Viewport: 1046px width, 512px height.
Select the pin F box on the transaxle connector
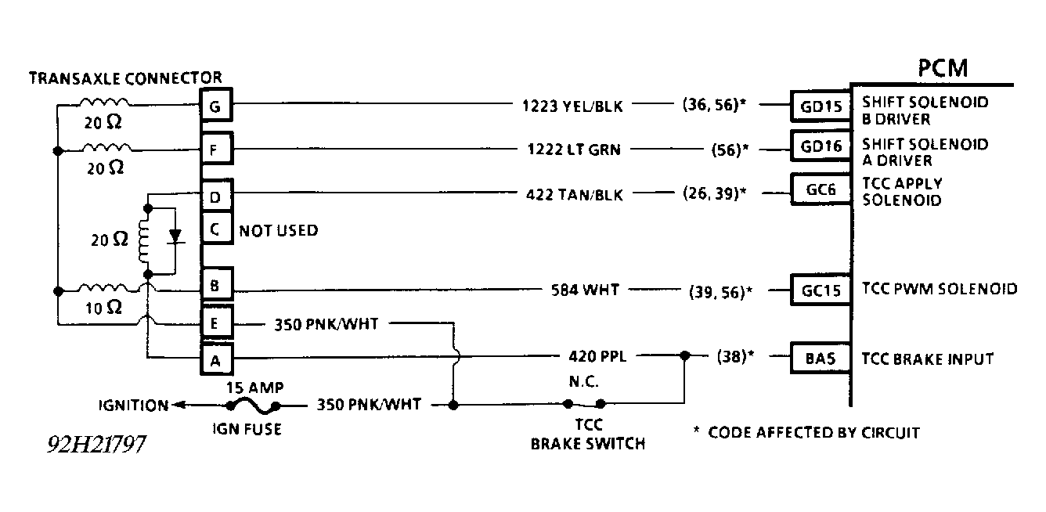click(x=215, y=147)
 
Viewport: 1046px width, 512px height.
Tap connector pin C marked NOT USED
click(x=215, y=229)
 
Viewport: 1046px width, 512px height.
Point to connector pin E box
click(x=215, y=323)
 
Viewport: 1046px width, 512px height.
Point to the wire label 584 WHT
click(x=585, y=290)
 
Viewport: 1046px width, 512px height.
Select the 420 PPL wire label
click(x=591, y=358)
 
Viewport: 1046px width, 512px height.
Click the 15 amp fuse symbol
click(x=253, y=405)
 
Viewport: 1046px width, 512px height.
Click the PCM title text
click(x=943, y=68)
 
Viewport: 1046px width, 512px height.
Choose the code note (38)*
click(x=735, y=358)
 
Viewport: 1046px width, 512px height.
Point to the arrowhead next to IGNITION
click(x=177, y=405)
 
